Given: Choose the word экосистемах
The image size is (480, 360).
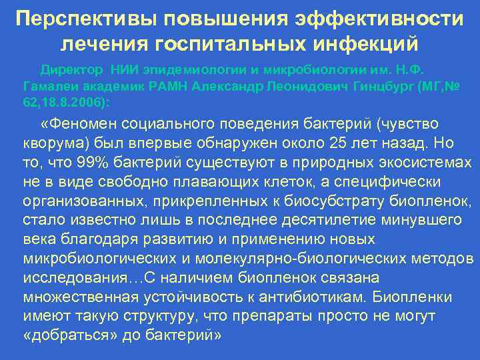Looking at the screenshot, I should point(430,163).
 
